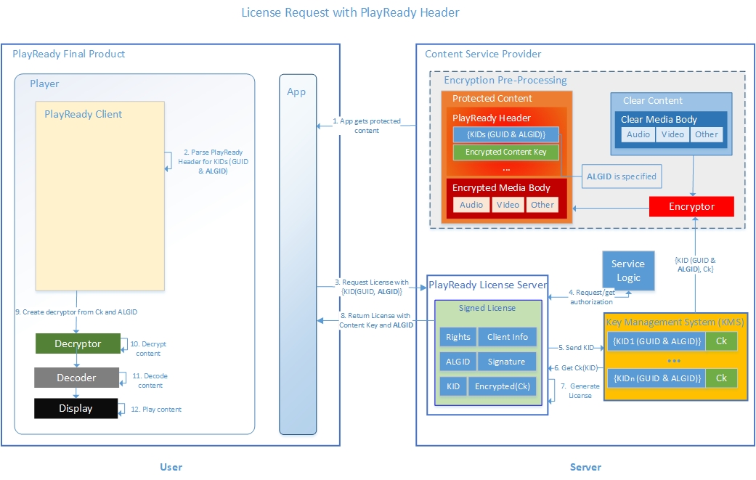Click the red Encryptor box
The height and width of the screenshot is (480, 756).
click(691, 206)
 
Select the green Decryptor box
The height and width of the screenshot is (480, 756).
click(78, 343)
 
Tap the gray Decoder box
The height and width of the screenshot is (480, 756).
click(76, 378)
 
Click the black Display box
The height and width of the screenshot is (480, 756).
click(76, 408)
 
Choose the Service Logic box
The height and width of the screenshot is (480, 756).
click(627, 270)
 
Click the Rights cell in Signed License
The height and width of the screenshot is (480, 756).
click(458, 337)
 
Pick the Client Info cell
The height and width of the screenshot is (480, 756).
click(508, 337)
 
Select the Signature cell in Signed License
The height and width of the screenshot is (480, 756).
click(506, 362)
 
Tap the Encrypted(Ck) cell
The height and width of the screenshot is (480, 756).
click(503, 386)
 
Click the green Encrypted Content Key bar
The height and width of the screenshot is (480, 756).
click(505, 152)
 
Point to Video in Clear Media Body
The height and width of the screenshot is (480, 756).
click(672, 134)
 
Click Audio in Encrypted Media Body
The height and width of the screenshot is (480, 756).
click(471, 205)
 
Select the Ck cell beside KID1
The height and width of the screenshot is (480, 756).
click(721, 341)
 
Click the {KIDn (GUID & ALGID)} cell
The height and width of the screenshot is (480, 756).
click(657, 378)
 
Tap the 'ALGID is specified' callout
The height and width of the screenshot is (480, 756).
click(621, 176)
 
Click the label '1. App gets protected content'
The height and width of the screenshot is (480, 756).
click(367, 126)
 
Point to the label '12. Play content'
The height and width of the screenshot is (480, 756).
click(156, 410)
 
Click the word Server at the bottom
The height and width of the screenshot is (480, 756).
click(585, 467)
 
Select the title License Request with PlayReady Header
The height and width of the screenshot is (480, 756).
click(349, 12)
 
